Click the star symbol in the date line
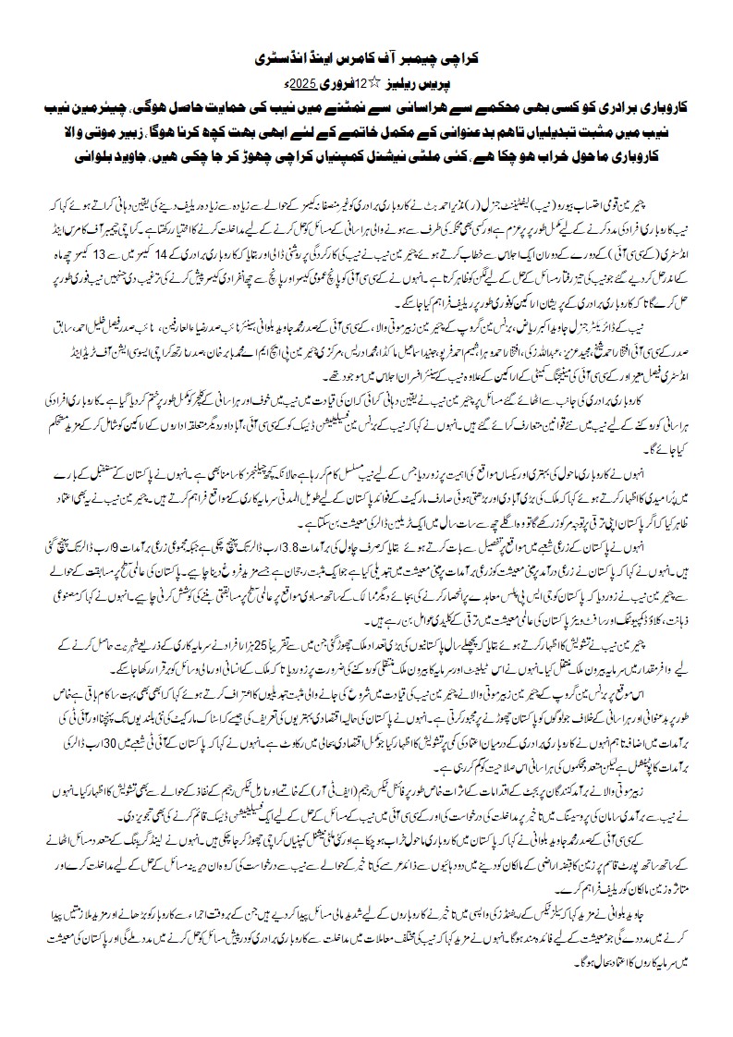tap(389, 81)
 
